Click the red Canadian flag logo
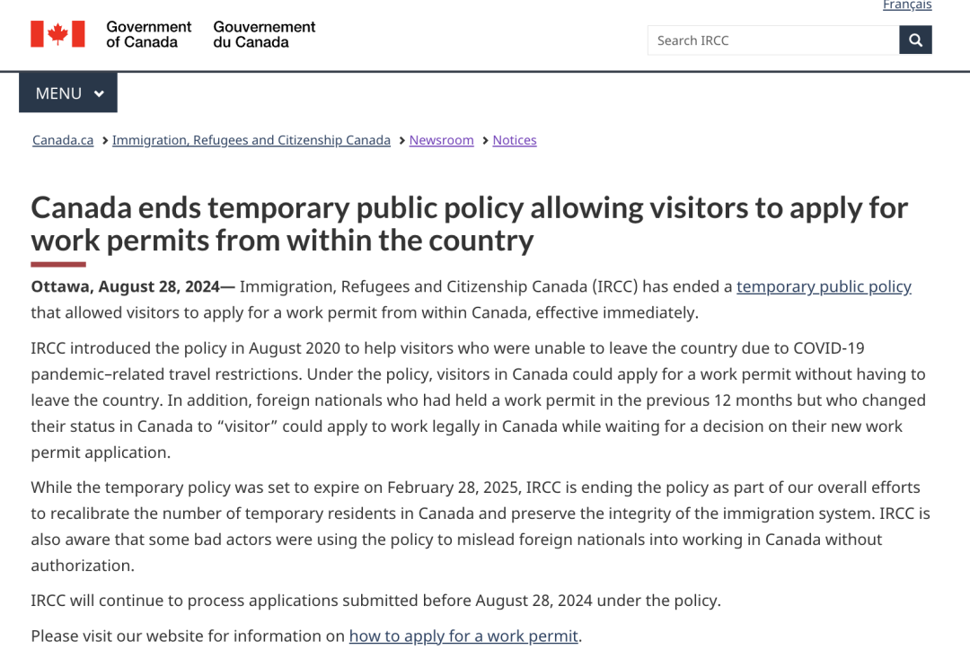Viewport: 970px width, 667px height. coord(57,34)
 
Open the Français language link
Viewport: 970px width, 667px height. coord(906,5)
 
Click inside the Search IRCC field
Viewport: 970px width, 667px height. coord(772,40)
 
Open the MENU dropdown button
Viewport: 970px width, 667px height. coord(68,93)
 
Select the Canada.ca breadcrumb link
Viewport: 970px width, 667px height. coord(63,140)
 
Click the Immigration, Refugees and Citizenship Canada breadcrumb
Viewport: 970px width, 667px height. coord(251,140)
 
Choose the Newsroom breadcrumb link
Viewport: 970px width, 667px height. coord(441,140)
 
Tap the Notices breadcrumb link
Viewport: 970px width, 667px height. coord(515,140)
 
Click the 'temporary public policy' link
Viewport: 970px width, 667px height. coord(824,286)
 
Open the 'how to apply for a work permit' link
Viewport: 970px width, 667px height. coord(463,636)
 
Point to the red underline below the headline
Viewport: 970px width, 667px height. coord(58,264)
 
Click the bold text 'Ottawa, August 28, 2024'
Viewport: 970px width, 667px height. coord(126,286)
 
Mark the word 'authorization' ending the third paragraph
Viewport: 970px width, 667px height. coord(81,566)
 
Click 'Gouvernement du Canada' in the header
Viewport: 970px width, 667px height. coord(264,34)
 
